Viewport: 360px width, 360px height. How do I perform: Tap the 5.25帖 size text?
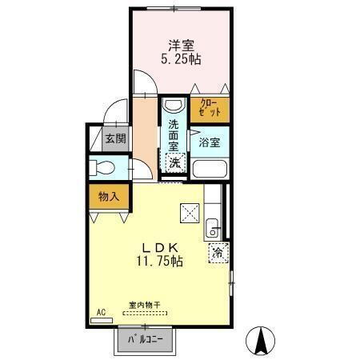(182, 61)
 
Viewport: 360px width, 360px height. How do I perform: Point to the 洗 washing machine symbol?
(174, 162)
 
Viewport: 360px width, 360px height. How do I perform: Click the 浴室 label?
(210, 142)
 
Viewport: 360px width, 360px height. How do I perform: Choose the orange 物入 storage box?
(109, 196)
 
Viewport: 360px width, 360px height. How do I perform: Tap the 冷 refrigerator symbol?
(218, 254)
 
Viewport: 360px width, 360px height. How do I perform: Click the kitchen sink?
(214, 226)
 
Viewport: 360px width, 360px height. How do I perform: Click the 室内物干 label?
(144, 305)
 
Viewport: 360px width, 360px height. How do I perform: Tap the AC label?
(102, 312)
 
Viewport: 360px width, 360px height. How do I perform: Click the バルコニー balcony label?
(145, 340)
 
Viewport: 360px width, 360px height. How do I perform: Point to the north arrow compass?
(261, 342)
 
